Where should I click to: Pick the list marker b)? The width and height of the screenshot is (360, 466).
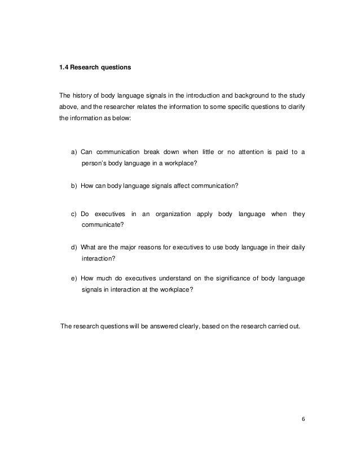74,186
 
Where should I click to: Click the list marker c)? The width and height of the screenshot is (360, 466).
74,214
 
